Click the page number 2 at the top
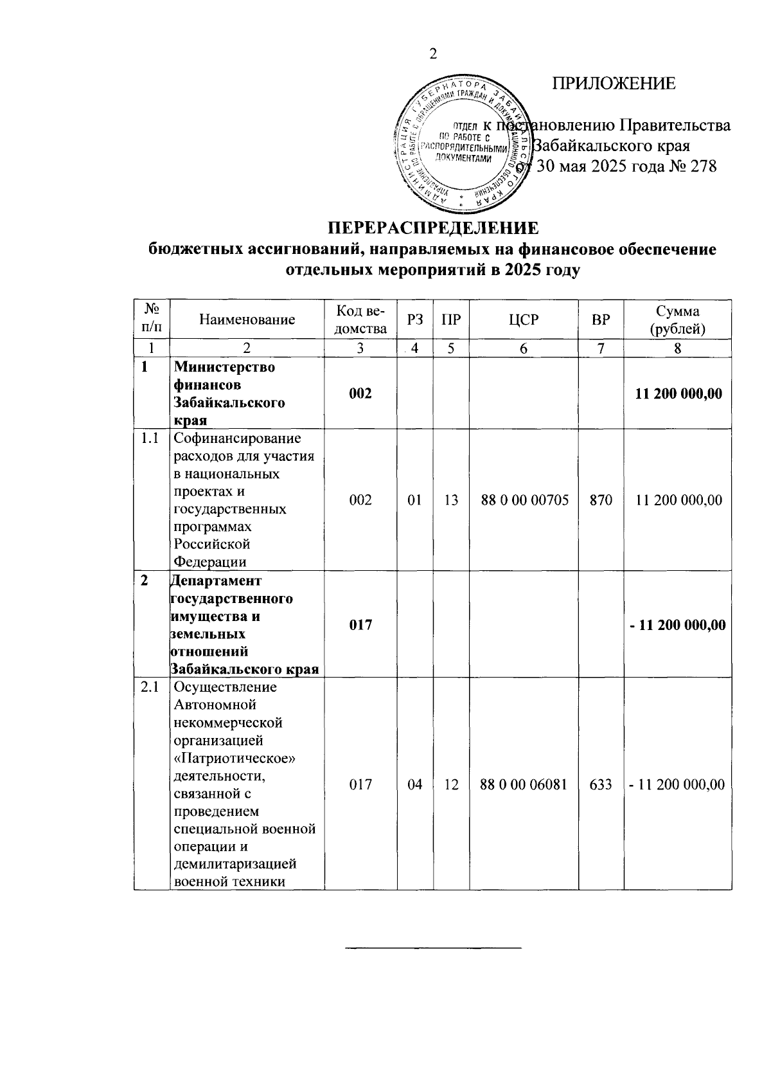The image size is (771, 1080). (432, 54)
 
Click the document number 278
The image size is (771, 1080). (702, 166)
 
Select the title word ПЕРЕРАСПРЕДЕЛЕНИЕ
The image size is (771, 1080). (432, 228)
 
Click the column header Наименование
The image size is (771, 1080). (247, 319)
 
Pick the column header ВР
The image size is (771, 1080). (601, 319)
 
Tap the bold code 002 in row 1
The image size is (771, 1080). (360, 393)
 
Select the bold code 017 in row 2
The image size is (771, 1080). (360, 624)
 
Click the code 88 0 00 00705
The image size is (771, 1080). (524, 500)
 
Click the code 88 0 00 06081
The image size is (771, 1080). (524, 784)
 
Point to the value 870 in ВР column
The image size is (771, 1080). (601, 500)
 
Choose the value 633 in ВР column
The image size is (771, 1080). (601, 784)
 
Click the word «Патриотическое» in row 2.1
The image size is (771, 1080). (235, 758)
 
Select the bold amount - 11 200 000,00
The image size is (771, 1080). (678, 624)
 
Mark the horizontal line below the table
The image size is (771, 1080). (434, 948)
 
